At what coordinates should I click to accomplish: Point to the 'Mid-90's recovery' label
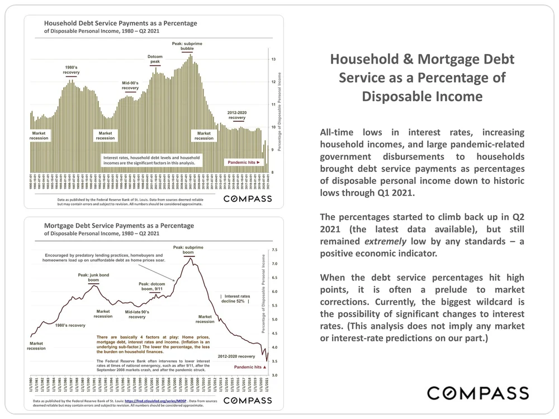tap(130, 85)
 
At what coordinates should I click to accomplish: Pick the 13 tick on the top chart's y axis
tap(273, 59)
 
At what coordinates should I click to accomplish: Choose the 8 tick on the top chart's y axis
tap(273, 172)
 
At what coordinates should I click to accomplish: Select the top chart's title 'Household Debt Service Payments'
tap(121, 23)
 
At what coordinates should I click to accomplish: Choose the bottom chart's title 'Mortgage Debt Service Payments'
tap(119, 226)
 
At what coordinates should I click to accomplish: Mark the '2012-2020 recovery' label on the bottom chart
tap(240, 356)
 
